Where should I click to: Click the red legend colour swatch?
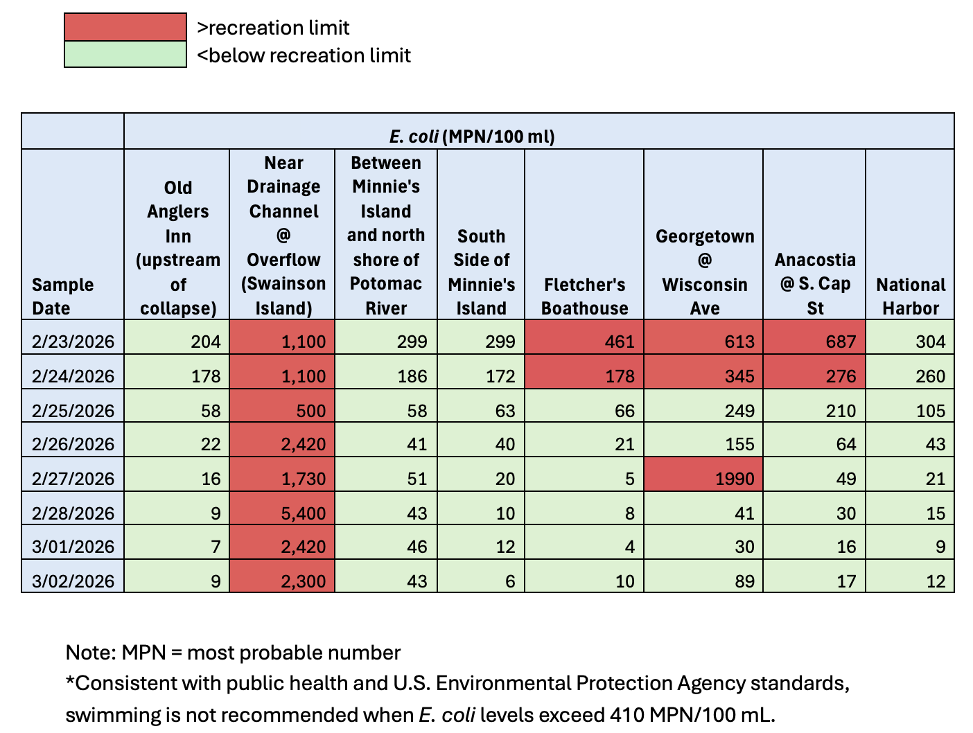(x=125, y=27)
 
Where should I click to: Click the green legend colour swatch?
(x=125, y=55)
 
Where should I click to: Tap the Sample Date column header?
(x=62, y=296)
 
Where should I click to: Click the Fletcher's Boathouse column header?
(x=584, y=296)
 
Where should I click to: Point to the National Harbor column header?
(x=910, y=296)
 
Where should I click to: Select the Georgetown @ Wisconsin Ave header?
(x=704, y=272)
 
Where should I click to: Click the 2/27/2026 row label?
(x=73, y=479)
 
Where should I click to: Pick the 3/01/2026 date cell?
(x=73, y=547)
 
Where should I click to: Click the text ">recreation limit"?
(x=273, y=28)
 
